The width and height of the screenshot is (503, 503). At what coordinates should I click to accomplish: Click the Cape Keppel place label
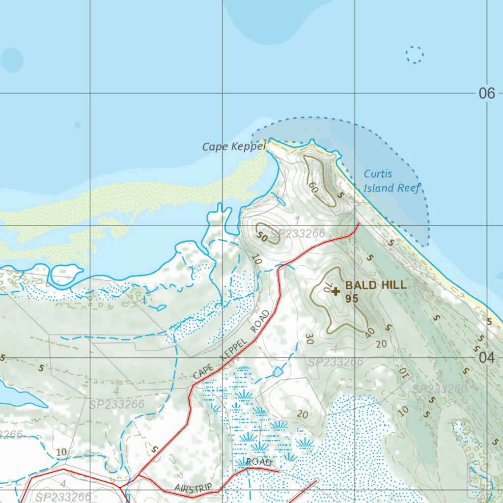234,146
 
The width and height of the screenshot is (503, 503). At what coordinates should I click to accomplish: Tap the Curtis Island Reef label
391,181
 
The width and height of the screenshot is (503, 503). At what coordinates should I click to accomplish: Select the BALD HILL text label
376,285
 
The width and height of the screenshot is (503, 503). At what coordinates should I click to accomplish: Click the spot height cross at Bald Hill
335,292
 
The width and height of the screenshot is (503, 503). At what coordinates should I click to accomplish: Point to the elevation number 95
351,298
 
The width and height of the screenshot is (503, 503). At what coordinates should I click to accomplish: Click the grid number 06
486,93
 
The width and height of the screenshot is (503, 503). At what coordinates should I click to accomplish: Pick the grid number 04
486,358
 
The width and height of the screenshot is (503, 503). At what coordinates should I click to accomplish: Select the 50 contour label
262,237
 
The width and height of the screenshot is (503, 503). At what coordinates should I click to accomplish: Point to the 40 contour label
370,333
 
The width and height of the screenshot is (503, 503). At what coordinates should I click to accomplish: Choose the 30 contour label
309,338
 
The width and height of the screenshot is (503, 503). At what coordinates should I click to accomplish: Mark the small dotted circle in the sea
415,55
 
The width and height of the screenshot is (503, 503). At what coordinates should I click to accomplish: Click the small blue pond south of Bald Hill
278,372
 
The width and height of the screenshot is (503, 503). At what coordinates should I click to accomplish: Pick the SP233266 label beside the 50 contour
297,234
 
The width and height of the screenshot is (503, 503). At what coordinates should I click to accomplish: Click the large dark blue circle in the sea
12,60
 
